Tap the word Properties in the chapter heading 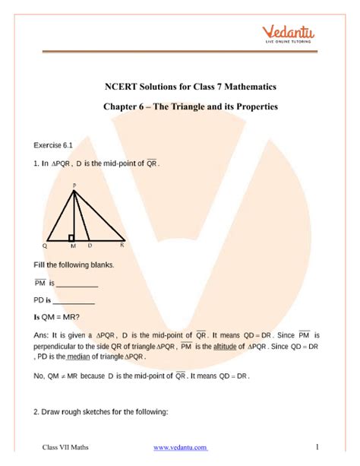coord(257,106)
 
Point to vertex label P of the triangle coord(74,185)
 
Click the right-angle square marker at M coord(71,238)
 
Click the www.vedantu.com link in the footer coord(181,448)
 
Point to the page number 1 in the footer coord(317,447)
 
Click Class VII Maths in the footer coord(66,448)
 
